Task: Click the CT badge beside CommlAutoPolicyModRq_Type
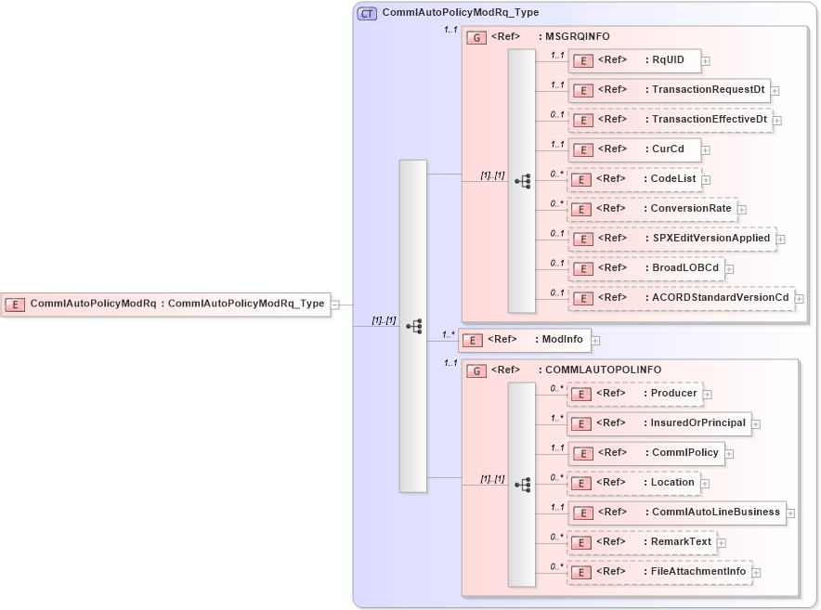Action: coord(367,13)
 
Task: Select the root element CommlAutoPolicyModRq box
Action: coord(165,304)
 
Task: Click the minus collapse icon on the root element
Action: coord(335,304)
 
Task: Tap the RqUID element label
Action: coord(668,60)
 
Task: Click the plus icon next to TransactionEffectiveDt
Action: coord(777,121)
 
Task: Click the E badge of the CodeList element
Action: coord(581,179)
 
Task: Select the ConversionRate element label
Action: coord(690,209)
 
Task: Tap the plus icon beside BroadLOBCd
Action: coord(729,269)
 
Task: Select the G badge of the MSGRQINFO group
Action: coord(476,37)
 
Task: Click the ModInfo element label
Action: coord(562,340)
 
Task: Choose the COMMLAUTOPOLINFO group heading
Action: coord(603,370)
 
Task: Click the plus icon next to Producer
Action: coord(708,395)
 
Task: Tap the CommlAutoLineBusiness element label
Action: coord(715,512)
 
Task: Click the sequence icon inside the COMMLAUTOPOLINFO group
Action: coord(522,484)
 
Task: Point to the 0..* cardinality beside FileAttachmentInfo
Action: coord(556,566)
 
